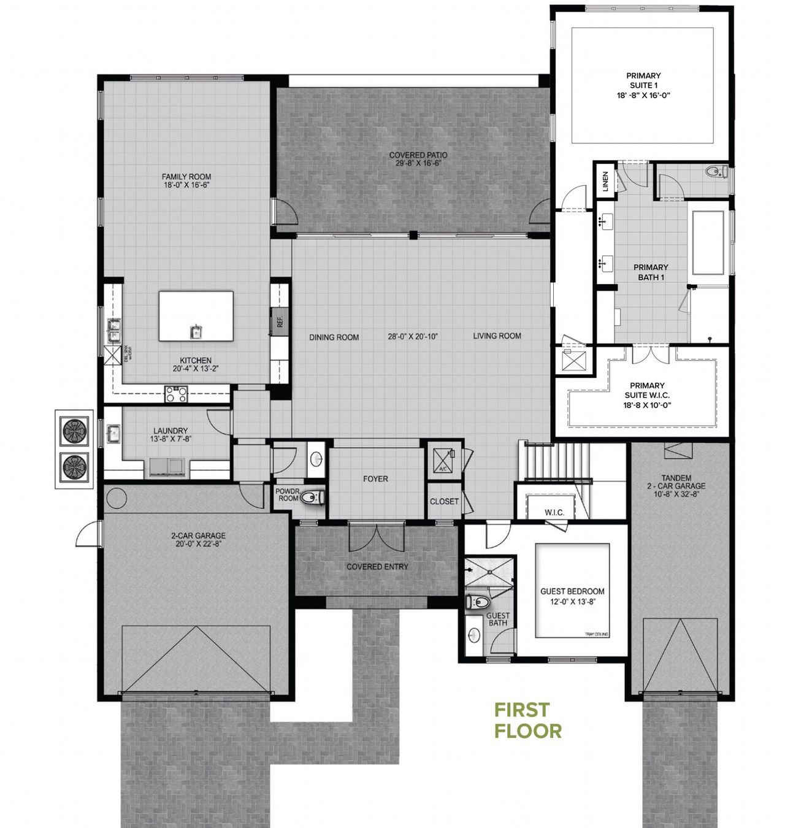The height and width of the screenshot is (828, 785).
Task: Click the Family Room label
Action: tap(186, 177)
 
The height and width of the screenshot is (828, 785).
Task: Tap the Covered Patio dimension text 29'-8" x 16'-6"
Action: tap(418, 164)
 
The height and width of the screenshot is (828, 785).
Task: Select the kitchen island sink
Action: tap(196, 332)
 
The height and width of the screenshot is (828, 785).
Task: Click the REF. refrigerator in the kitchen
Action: tap(280, 321)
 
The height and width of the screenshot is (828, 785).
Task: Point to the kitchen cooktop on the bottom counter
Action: tap(176, 394)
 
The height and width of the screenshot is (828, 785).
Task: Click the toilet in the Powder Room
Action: tap(313, 496)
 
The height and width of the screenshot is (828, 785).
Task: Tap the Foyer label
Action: tap(375, 479)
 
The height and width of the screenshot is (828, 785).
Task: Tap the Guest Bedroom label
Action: tap(572, 591)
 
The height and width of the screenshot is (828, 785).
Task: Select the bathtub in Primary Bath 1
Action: tap(708, 242)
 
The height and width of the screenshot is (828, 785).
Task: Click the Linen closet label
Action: tap(605, 182)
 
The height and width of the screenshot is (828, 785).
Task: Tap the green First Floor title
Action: tap(528, 720)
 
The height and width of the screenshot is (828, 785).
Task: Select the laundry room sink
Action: tap(113, 434)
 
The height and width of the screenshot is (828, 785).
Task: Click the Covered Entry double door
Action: tap(377, 538)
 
